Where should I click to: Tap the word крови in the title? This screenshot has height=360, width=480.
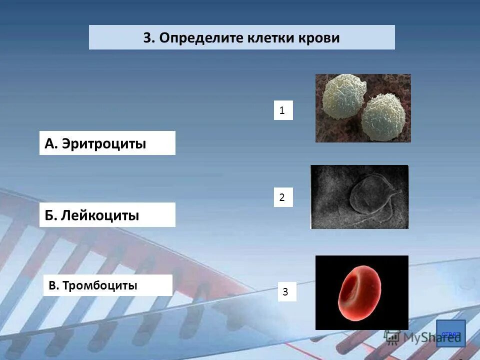pos(316,38)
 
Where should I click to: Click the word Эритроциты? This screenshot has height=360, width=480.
pos(104,144)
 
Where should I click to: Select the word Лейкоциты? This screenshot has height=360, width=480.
pos(100,215)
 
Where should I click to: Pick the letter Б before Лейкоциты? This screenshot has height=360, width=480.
pos(49,215)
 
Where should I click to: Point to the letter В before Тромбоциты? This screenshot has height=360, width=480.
pos(52,285)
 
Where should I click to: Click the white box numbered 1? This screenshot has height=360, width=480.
pos(283,110)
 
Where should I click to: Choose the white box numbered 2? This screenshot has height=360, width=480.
pos(283,197)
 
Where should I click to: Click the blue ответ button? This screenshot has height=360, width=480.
pos(450,333)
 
